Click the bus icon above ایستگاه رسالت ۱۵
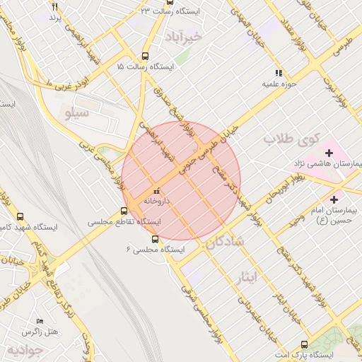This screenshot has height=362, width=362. tap(146, 56)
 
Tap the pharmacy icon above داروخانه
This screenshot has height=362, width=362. tap(156, 191)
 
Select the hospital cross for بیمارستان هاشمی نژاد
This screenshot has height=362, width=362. tap(329, 153)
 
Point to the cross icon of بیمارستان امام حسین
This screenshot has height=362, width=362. tap(334, 200)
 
